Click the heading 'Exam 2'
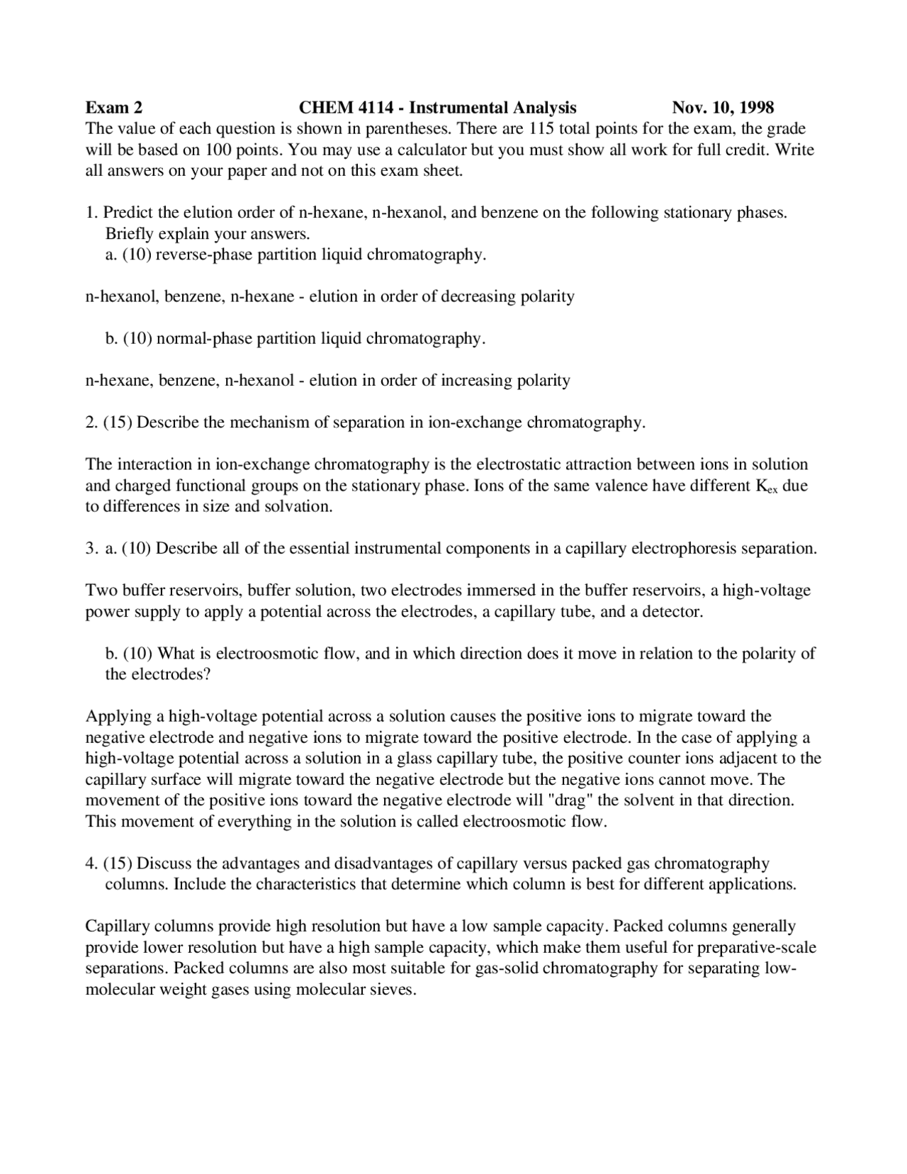(113, 108)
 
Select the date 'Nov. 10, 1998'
(723, 108)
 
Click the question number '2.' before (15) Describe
(91, 423)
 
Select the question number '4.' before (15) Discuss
(91, 863)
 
